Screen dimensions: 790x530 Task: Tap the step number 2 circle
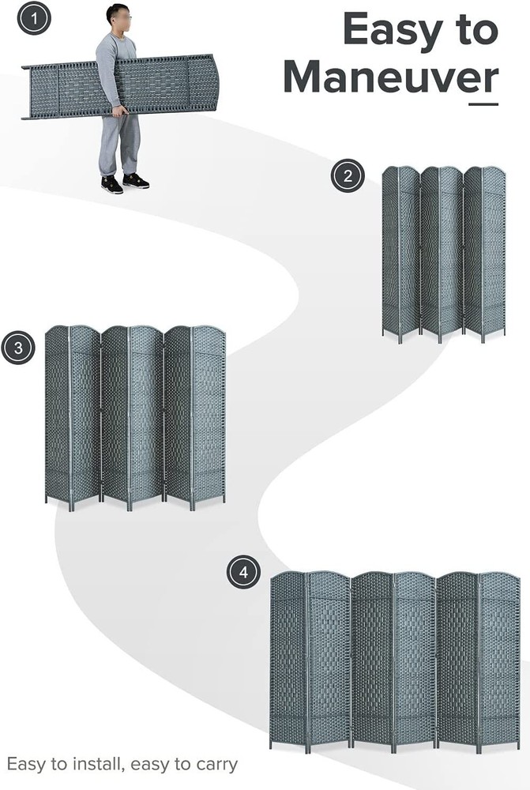tap(348, 175)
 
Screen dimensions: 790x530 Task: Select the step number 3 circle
tap(17, 348)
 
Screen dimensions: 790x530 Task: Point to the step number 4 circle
tap(243, 572)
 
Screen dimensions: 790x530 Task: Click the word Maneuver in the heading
tap(390, 77)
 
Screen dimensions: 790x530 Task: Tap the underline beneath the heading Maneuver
tap(483, 103)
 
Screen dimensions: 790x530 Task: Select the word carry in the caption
tap(215, 765)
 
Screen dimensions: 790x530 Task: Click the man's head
tap(118, 16)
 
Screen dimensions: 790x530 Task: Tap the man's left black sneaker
tap(136, 181)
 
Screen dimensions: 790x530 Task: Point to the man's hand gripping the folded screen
tap(119, 111)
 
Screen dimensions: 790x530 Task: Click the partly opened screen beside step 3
tap(135, 415)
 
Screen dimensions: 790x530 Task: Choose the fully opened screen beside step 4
tap(394, 660)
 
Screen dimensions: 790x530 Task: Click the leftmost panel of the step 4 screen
tap(288, 660)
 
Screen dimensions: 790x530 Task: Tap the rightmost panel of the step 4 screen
tap(500, 660)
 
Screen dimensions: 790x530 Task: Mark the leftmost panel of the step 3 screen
tap(57, 415)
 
